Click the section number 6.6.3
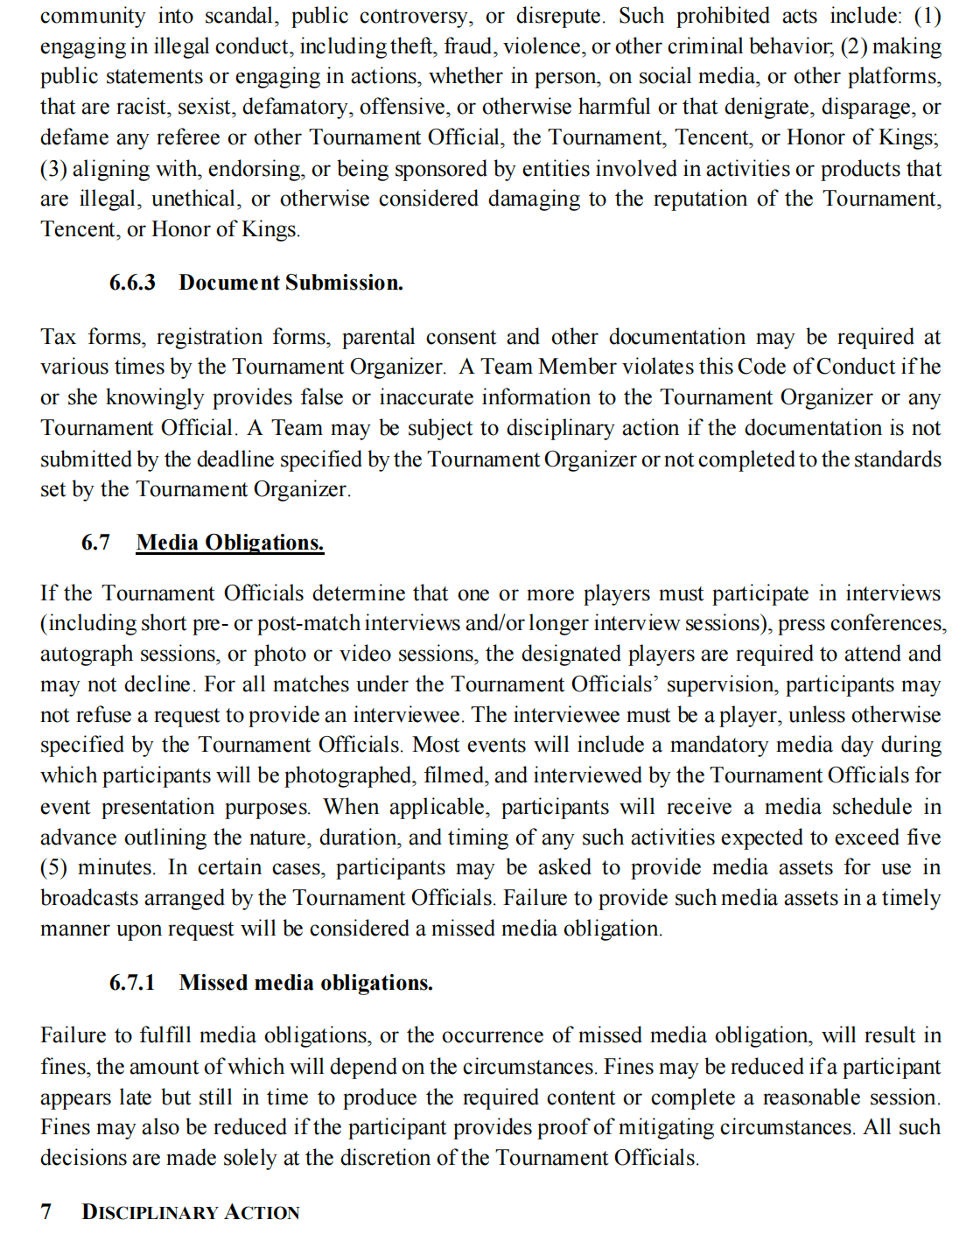[x=132, y=283]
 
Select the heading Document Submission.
[x=290, y=283]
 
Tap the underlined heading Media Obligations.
[x=229, y=543]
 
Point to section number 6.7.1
[x=132, y=983]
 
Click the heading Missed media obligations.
[x=305, y=983]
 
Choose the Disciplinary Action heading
[x=190, y=1212]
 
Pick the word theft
[x=415, y=46]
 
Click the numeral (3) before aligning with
[x=52, y=168]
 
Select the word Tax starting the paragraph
[x=58, y=337]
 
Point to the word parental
[x=379, y=337]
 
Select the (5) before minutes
[x=53, y=867]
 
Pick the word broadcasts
[x=89, y=898]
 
